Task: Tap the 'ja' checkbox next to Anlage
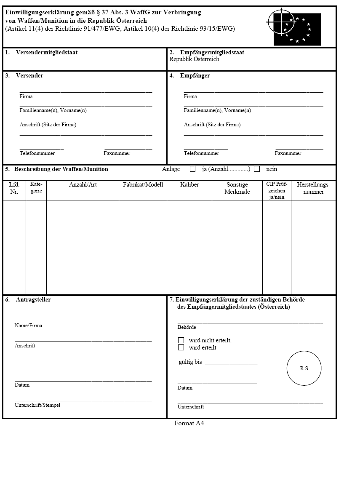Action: coord(193,169)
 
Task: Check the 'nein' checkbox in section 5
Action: coord(257,169)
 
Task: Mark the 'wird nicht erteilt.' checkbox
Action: coord(181,340)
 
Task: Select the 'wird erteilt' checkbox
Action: coord(181,348)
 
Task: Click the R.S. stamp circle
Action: coord(304,368)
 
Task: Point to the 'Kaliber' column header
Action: coord(189,185)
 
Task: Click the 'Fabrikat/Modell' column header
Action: coord(143,185)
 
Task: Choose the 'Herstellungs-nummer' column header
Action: coord(314,188)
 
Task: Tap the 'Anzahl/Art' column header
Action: coord(83,185)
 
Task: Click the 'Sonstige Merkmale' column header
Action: coord(237,188)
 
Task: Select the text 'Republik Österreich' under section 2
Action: coord(194,59)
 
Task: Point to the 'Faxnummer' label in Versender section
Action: coord(117,153)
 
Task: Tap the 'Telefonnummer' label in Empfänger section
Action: coord(201,153)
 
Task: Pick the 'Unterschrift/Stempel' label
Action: coord(37,405)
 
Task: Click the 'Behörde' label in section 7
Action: coord(187,327)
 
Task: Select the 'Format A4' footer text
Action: coord(189,424)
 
